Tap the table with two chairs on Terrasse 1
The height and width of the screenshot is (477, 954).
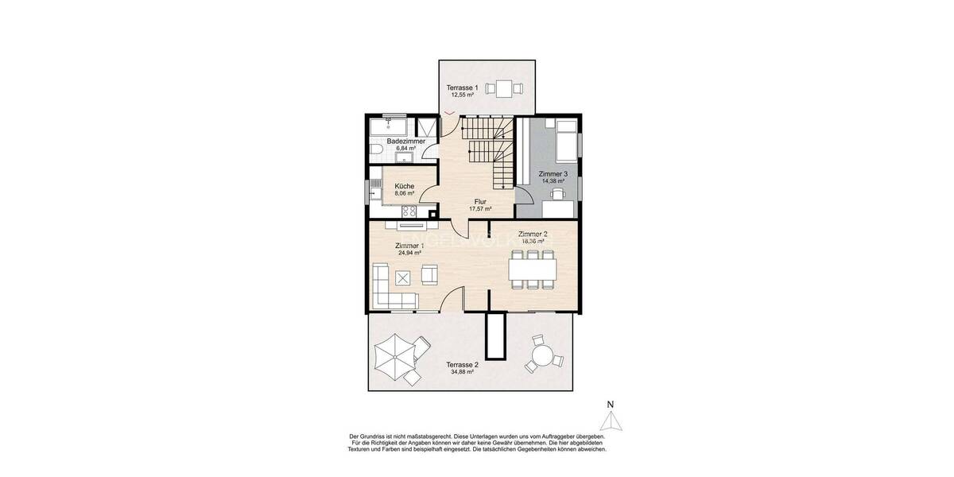[502, 87]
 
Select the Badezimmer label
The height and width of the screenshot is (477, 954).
[406, 141]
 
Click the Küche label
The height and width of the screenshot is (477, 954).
[404, 185]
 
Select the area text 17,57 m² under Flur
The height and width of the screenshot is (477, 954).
[480, 209]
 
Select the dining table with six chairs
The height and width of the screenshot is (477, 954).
[533, 270]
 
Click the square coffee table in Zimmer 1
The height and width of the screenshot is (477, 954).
[403, 277]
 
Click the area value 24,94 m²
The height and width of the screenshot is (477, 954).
[409, 253]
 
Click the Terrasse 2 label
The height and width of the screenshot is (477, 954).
[462, 365]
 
